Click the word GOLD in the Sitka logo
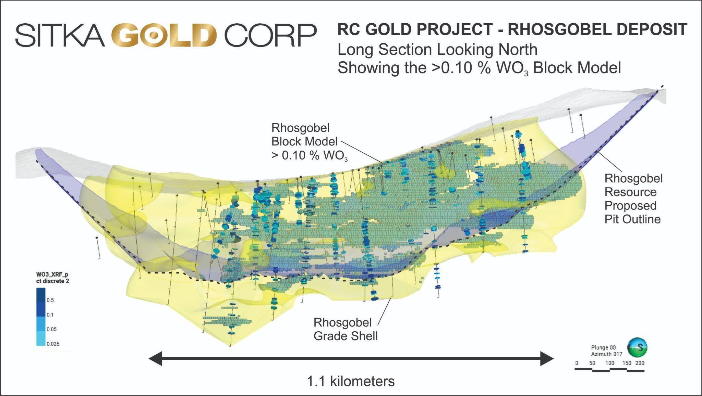164,35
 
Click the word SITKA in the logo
60,35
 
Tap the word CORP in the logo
270,35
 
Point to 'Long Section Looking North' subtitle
437,50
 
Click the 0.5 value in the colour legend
50,300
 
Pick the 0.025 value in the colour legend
53,344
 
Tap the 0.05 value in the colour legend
52,329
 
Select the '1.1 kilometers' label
351,381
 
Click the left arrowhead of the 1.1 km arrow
155,359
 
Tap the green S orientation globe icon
637,348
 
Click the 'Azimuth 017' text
606,354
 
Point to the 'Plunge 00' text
603,348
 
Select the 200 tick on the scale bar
640,363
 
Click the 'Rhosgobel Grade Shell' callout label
346,329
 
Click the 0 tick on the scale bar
577,363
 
